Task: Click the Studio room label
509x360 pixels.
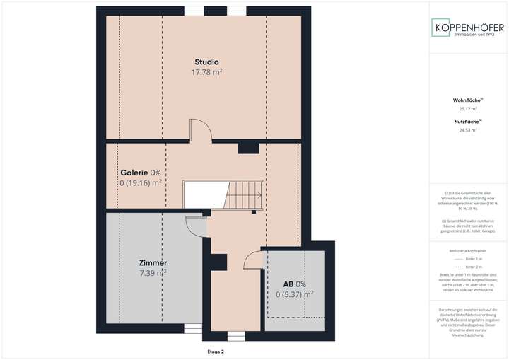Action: [x=206, y=62]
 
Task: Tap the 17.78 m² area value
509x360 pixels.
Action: [x=206, y=72]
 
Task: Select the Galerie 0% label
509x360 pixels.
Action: [x=140, y=172]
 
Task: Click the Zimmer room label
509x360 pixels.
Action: [x=153, y=263]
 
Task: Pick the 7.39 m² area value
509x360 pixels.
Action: [x=153, y=273]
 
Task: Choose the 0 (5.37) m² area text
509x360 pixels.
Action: [x=294, y=294]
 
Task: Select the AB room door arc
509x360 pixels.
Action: [x=252, y=262]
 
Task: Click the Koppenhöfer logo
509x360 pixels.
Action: [x=467, y=28]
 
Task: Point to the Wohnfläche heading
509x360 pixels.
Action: [x=467, y=100]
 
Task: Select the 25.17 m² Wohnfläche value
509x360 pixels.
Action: [x=467, y=109]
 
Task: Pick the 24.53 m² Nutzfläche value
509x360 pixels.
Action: [x=467, y=130]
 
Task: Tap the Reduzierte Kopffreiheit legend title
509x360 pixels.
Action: [x=467, y=251]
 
